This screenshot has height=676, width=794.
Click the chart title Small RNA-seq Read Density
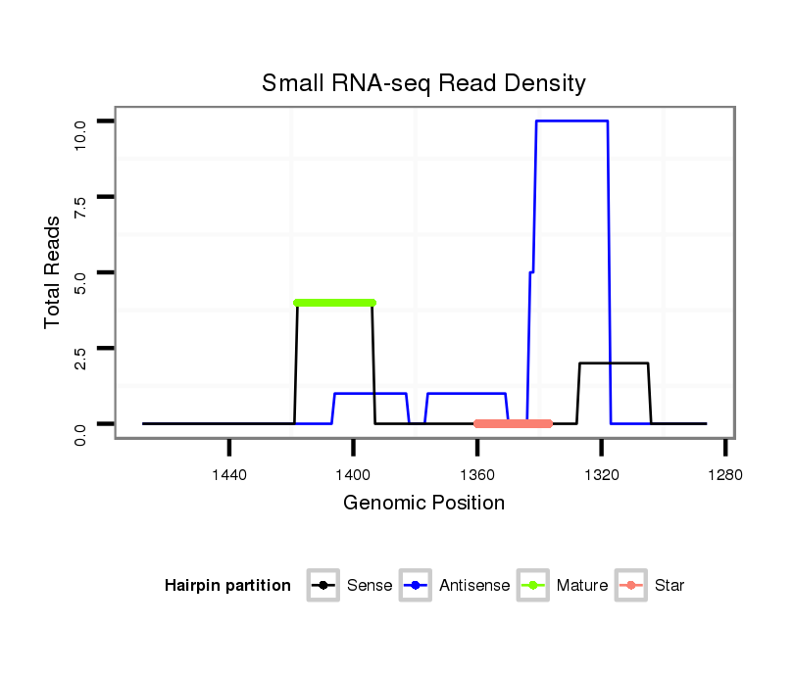(x=423, y=83)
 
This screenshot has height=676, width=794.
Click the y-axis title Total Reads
(x=54, y=272)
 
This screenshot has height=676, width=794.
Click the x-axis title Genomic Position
(x=423, y=504)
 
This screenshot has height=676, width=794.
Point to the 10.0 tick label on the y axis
(x=81, y=121)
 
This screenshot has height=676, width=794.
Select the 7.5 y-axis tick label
(x=81, y=197)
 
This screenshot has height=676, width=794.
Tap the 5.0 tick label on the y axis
(x=81, y=272)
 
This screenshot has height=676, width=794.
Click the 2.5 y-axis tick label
(x=81, y=349)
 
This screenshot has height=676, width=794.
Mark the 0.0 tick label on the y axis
(x=81, y=424)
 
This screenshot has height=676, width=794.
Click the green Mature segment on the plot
(x=334, y=303)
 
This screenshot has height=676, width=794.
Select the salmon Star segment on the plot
(x=513, y=424)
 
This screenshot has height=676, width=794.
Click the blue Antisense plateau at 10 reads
(x=571, y=121)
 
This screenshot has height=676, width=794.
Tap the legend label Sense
(x=370, y=586)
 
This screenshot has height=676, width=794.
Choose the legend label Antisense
(x=474, y=586)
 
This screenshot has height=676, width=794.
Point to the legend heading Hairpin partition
(x=227, y=586)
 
